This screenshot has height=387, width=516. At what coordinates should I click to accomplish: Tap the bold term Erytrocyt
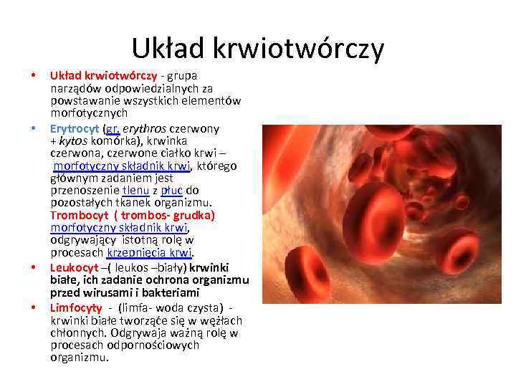(75, 129)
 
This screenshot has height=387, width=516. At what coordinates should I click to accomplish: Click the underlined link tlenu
(135, 190)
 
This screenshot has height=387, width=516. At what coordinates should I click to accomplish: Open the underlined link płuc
(172, 190)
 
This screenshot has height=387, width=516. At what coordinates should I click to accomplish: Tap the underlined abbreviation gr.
(113, 129)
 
